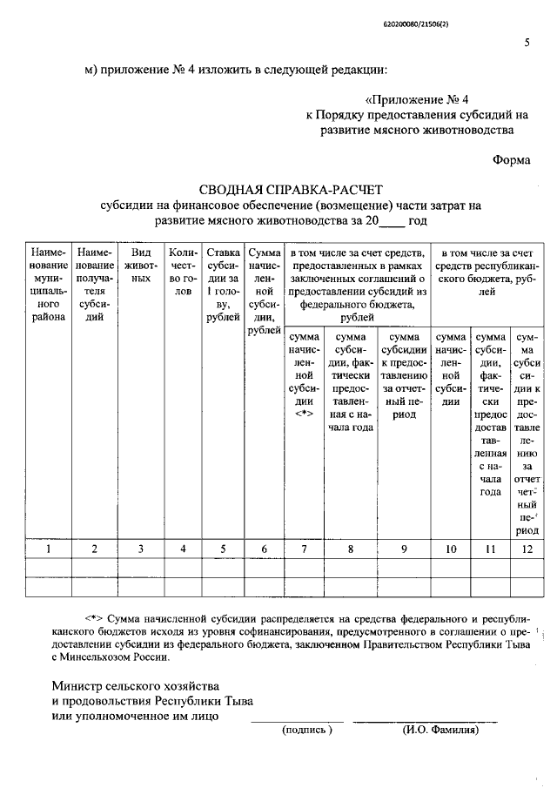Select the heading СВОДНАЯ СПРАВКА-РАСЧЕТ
click(291, 189)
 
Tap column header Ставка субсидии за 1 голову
click(223, 284)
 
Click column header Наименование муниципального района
click(50, 285)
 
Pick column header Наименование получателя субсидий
click(94, 285)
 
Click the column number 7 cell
click(304, 549)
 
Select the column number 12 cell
click(526, 549)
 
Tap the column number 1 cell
click(50, 549)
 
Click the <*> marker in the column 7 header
click(304, 414)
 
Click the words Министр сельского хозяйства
click(135, 685)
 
